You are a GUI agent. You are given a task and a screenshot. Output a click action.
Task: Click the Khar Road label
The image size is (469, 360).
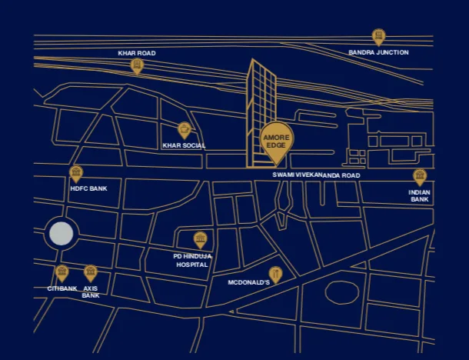pyautogui.click(x=137, y=53)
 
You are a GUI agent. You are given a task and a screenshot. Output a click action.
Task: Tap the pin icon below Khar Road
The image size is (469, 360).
pyautogui.click(x=137, y=66)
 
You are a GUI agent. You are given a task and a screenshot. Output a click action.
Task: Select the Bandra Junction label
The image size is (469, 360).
pyautogui.click(x=378, y=53)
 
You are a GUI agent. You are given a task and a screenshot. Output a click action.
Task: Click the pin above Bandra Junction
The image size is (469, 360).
pyautogui.click(x=378, y=36)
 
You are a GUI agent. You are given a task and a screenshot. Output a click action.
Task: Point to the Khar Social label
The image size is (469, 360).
pyautogui.click(x=184, y=145)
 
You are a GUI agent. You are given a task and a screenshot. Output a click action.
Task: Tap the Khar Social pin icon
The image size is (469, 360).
pyautogui.click(x=184, y=130)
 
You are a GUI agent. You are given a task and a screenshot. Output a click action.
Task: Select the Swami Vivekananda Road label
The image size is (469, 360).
pyautogui.click(x=316, y=175)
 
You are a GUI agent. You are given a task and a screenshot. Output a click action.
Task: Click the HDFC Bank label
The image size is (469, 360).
pyautogui.click(x=88, y=188)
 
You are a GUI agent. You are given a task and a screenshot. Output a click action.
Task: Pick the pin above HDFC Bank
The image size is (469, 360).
pyautogui.click(x=75, y=173)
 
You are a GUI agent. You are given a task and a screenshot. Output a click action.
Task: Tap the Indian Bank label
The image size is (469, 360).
pyautogui.click(x=420, y=195)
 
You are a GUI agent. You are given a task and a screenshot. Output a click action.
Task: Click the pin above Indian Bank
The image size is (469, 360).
pyautogui.click(x=420, y=176)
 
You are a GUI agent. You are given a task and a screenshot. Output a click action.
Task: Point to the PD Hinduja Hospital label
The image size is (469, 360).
pyautogui.click(x=193, y=259)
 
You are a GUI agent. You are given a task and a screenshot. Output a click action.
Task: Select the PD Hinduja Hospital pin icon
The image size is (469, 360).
pyautogui.click(x=200, y=238)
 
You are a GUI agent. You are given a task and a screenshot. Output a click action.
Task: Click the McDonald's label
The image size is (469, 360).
pyautogui.click(x=248, y=282)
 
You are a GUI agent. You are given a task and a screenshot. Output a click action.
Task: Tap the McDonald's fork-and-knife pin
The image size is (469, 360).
pyautogui.click(x=275, y=274)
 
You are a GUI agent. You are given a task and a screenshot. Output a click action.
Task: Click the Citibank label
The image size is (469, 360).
pyautogui.click(x=62, y=288)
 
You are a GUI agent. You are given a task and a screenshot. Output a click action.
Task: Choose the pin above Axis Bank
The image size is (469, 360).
pyautogui.click(x=90, y=272)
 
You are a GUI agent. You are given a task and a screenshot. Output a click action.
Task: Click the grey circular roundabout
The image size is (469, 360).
pyautogui.click(x=61, y=234)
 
